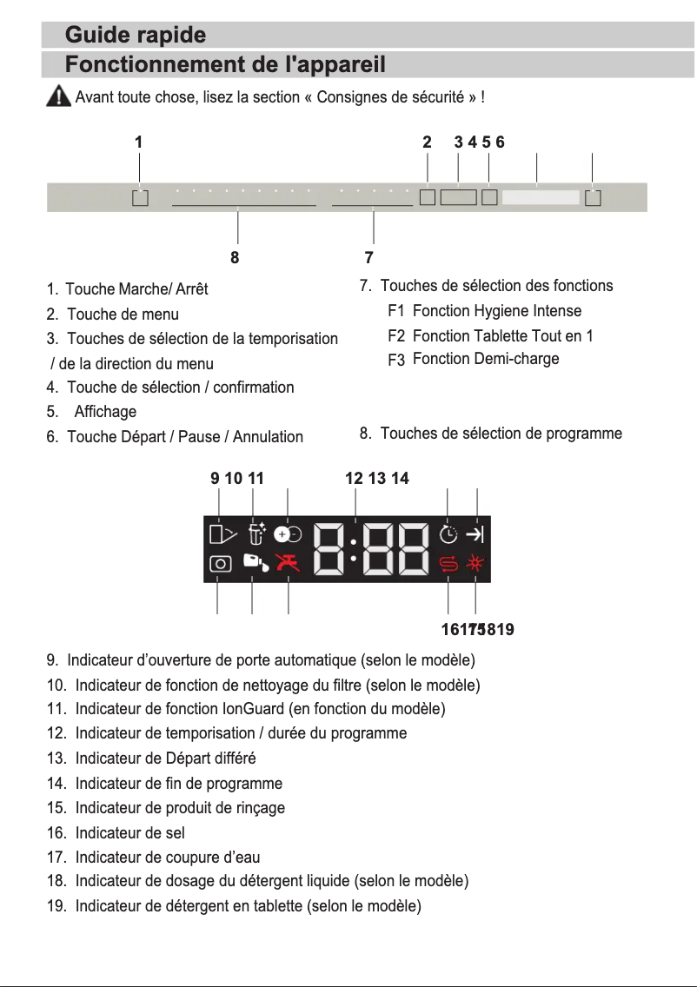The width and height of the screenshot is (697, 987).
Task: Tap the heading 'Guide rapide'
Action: click(136, 36)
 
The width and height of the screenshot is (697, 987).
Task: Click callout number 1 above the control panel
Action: click(138, 142)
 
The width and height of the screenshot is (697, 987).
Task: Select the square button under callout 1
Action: click(141, 198)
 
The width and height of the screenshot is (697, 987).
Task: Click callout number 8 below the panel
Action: click(235, 257)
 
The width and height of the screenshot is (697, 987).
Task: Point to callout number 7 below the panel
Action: click(369, 257)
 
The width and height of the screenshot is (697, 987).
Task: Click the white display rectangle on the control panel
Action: click(540, 198)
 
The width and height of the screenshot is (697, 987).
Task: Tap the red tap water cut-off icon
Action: click(287, 563)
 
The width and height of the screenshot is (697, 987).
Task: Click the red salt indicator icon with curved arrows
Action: click(448, 563)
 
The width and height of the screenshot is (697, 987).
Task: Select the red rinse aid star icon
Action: click(476, 563)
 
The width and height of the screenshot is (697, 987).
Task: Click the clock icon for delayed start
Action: click(448, 534)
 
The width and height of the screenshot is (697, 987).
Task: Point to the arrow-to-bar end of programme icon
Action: click(476, 534)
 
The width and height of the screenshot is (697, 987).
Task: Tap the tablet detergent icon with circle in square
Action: click(220, 563)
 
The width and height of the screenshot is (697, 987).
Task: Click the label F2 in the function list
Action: click(397, 336)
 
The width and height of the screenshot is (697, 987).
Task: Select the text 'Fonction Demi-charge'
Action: click(486, 359)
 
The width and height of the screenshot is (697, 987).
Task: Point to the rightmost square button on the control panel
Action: click(594, 198)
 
